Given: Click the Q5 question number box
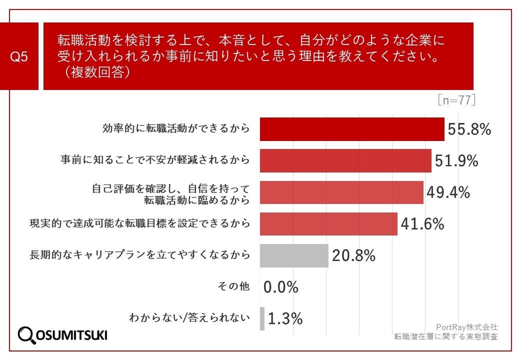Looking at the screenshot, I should pyautogui.click(x=19, y=56).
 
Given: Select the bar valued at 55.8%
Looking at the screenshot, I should pyautogui.click(x=352, y=129).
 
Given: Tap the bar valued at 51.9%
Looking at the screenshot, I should pyautogui.click(x=345, y=160).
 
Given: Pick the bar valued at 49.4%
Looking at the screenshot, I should pyautogui.click(x=341, y=192).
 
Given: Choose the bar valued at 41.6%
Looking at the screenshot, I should pyautogui.click(x=328, y=224).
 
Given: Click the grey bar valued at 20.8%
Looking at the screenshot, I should pyautogui.click(x=294, y=255).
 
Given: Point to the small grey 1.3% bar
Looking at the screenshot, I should pyautogui.click(x=262, y=318).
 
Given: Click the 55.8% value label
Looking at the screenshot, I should pyautogui.click(x=469, y=129).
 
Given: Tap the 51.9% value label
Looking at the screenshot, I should pyautogui.click(x=456, y=160).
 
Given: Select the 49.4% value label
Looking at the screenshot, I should pyautogui.click(x=447, y=192).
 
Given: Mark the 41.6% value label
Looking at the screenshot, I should pyautogui.click(x=422, y=224).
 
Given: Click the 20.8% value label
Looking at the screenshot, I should pyautogui.click(x=353, y=255).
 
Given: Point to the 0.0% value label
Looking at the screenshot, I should pyautogui.click(x=281, y=287).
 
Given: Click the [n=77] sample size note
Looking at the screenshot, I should pyautogui.click(x=456, y=100).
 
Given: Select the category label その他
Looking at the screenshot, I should pyautogui.click(x=233, y=286).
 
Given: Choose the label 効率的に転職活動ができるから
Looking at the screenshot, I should pyautogui.click(x=175, y=129).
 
